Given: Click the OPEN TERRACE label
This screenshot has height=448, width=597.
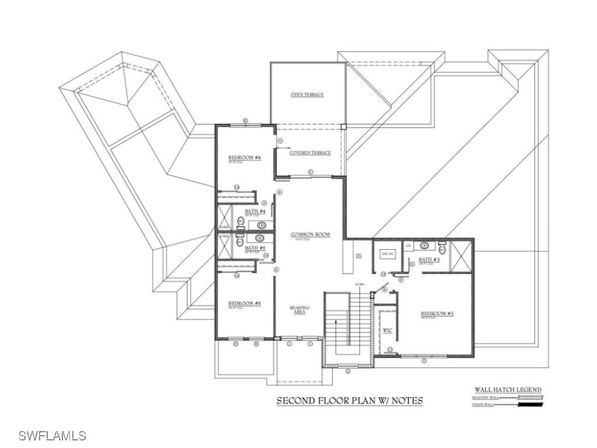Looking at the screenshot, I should (307, 94).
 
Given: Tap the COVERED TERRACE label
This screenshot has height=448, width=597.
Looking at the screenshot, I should (310, 153).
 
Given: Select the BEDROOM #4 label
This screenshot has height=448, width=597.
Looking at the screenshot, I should (244, 158).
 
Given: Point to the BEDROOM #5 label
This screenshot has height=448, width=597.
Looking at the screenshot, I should (244, 303).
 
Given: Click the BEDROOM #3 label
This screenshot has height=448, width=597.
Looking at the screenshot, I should (437, 314).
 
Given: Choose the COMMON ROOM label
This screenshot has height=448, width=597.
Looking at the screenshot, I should (310, 235).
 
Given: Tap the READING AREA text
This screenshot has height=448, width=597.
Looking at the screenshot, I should (300, 310).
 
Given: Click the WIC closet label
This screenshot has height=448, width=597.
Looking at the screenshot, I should (387, 331).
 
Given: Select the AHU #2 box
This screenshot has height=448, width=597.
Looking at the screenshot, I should (388, 254).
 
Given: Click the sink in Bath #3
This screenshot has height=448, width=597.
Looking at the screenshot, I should (425, 246).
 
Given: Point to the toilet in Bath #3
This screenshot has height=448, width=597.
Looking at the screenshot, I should (443, 249).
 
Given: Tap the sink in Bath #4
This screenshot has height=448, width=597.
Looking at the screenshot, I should (261, 225).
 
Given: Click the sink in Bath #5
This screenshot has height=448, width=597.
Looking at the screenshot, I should (259, 238).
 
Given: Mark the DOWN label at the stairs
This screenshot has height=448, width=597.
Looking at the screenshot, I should (360, 285).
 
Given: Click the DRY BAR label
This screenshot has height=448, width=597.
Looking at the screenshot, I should (359, 257).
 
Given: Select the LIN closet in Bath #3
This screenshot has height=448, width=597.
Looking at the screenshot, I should (408, 246).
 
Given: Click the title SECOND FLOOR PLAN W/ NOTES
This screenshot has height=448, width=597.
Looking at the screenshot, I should (349, 401).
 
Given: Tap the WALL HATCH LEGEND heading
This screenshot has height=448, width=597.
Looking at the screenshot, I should (508, 390).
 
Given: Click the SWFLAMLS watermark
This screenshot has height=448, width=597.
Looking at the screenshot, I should (52, 436).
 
